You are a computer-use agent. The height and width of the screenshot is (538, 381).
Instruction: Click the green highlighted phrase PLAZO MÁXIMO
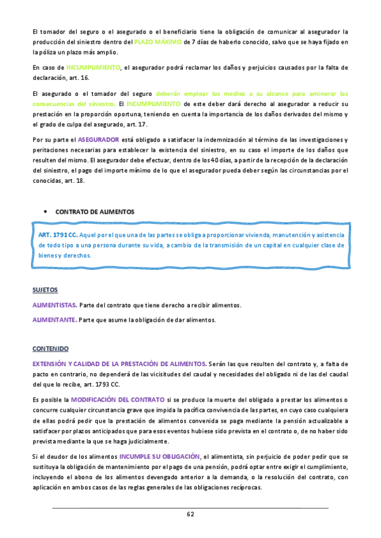[157, 42]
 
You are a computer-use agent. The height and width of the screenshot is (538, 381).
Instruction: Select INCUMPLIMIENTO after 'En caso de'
[93, 67]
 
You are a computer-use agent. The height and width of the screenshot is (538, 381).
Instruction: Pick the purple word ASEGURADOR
[100, 139]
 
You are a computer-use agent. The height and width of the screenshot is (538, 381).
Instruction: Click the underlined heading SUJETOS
[44, 290]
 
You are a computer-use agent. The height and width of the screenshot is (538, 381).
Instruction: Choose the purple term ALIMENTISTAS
[55, 305]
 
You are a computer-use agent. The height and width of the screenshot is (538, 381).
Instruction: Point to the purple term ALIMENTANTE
[54, 319]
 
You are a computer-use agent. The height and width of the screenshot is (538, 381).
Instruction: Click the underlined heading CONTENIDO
[51, 349]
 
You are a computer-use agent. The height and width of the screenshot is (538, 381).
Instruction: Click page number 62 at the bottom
[190, 513]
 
